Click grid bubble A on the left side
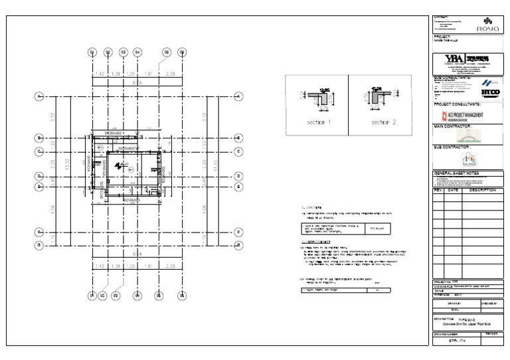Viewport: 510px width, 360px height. pyautogui.click(x=39, y=97)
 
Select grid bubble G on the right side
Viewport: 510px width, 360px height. pyautogui.click(x=237, y=245)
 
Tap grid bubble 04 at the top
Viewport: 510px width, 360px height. pyautogui.click(x=137, y=52)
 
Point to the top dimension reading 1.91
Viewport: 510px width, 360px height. pyautogui.click(x=149, y=73)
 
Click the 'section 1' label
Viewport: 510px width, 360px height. pyautogui.click(x=318, y=123)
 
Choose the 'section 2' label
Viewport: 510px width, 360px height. pyautogui.click(x=383, y=123)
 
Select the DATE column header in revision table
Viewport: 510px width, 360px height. pyautogui.click(x=452, y=190)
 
